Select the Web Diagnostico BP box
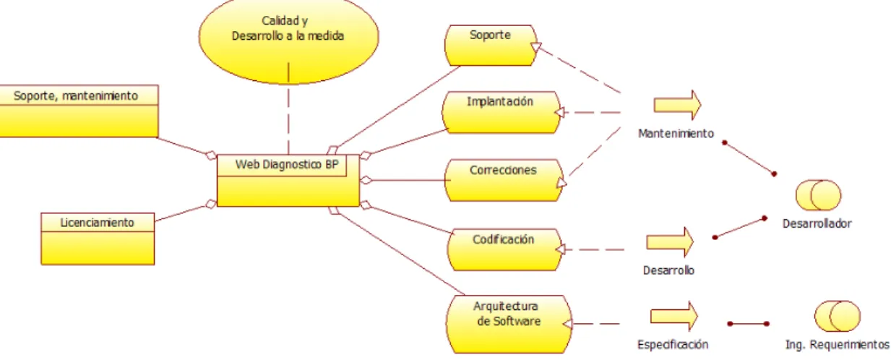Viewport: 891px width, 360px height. tap(288, 180)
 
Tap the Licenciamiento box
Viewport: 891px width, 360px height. tap(98, 239)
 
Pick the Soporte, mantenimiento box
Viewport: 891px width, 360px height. tap(79, 111)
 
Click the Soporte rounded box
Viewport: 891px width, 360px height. tap(491, 46)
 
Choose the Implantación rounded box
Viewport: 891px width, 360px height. tap(502, 112)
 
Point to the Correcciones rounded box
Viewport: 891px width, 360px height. tap(504, 180)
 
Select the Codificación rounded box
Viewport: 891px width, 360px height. tap(504, 249)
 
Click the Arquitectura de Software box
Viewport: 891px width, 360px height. tap(509, 324)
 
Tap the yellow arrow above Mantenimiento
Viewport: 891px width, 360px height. tap(677, 105)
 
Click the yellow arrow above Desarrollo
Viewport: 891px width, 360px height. tap(671, 242)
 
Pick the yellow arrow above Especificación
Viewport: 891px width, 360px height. tap(674, 316)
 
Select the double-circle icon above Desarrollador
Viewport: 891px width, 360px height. tap(819, 195)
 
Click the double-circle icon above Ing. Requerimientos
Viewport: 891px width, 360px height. tap(838, 316)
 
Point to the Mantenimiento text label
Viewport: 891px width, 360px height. tap(676, 134)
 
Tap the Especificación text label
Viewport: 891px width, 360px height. tap(673, 345)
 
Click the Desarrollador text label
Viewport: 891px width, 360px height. tap(817, 223)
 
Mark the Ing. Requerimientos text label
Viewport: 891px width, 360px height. tap(838, 345)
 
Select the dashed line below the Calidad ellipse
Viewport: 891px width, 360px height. tap(288, 108)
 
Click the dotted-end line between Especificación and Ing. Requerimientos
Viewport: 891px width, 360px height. tap(748, 324)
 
